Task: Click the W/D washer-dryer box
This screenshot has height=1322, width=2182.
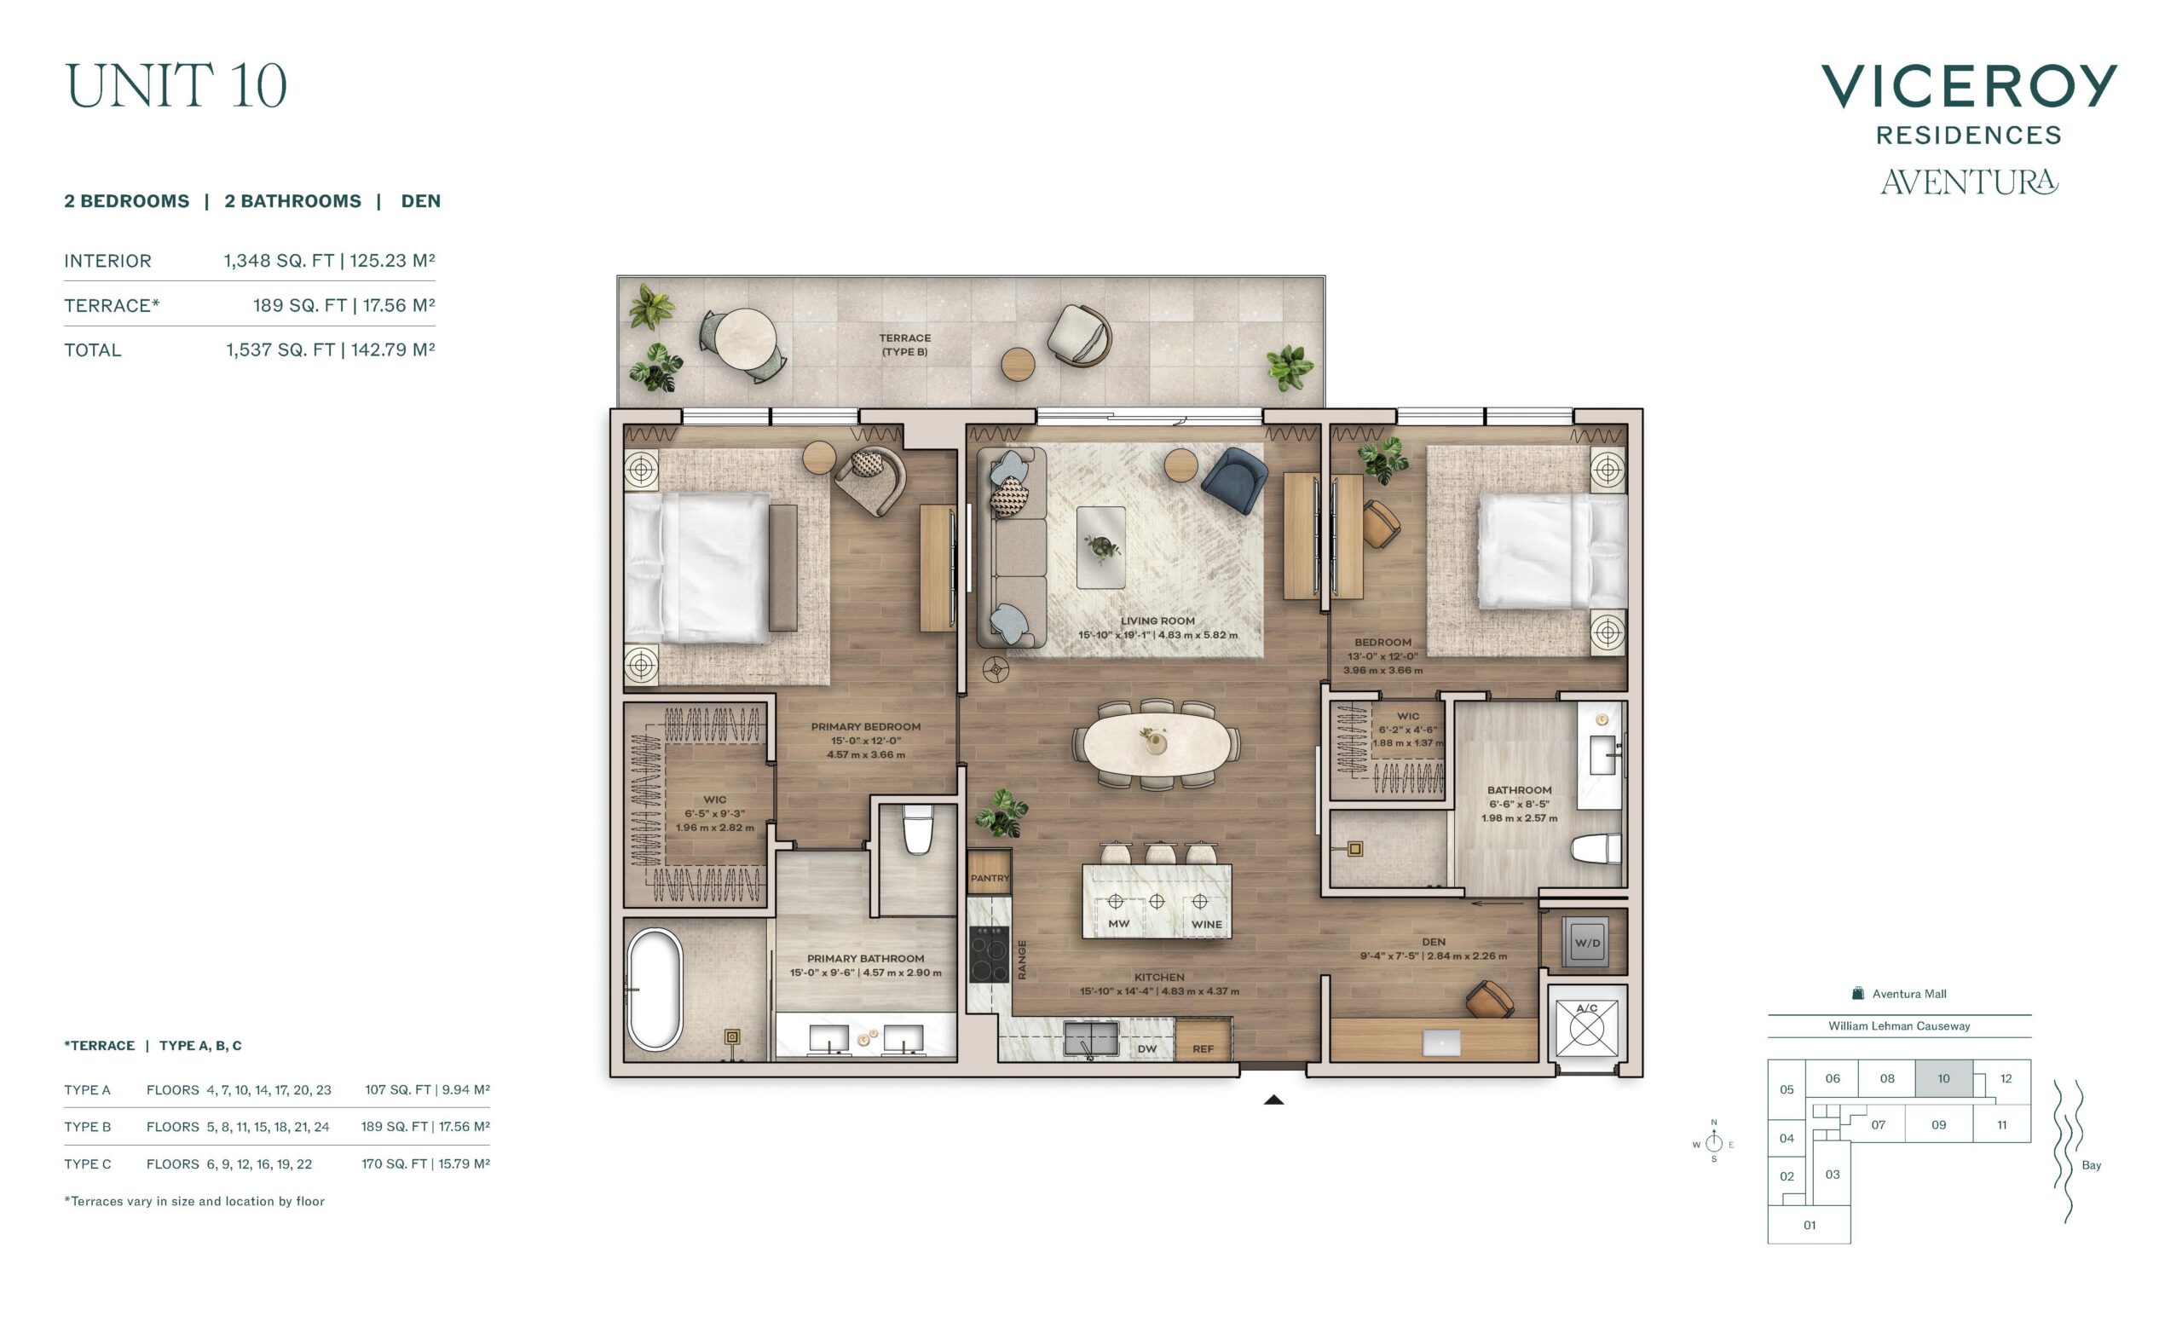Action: [1587, 942]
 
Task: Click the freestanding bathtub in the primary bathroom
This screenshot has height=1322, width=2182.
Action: [655, 990]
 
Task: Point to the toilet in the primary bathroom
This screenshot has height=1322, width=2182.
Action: [917, 829]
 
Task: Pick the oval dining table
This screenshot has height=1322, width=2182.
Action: [1157, 743]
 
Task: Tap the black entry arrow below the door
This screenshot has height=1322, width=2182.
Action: [1273, 1100]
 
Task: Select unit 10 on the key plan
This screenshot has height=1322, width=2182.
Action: [1944, 1078]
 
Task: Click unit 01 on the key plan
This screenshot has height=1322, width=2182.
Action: [1810, 1226]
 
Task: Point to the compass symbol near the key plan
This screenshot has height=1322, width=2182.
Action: [1713, 1142]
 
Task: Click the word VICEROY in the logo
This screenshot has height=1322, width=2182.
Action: [1970, 86]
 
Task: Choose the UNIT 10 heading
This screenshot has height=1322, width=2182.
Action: [176, 86]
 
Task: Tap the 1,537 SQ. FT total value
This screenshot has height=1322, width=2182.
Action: [280, 349]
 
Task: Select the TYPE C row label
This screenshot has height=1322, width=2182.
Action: [88, 1164]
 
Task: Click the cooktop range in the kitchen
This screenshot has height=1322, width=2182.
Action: [990, 954]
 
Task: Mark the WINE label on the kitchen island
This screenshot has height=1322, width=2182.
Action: [1206, 925]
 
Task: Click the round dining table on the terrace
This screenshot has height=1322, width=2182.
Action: [746, 338]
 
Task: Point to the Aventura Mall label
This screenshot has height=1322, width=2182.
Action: [1909, 995]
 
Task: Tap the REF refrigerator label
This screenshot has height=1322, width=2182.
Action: [1203, 1049]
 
